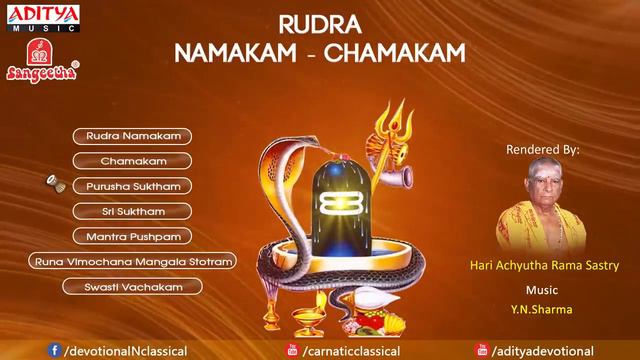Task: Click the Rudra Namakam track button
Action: point(132,134)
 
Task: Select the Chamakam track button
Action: point(132,160)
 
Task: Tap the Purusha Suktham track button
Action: point(132,185)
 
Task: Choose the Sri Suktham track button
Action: point(132,211)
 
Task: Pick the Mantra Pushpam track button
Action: point(132,237)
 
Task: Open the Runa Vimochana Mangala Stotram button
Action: point(132,262)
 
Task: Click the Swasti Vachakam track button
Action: point(132,287)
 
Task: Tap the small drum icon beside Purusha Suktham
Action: point(52,185)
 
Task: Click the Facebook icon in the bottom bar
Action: point(54,350)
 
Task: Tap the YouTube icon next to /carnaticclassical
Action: point(292,350)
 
